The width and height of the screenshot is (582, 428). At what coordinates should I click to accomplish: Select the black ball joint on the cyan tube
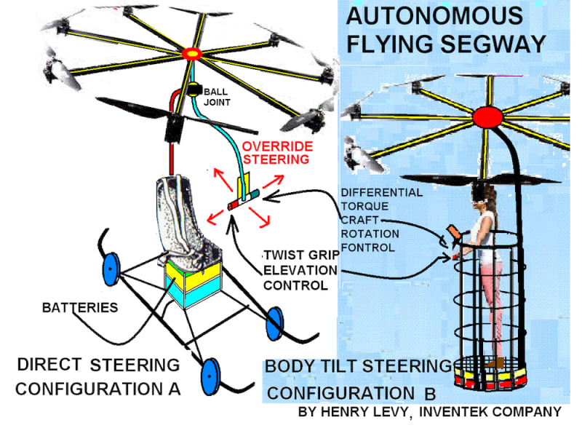pyautogui.click(x=194, y=91)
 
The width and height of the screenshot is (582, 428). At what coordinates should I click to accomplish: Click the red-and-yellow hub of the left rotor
pyautogui.click(x=194, y=52)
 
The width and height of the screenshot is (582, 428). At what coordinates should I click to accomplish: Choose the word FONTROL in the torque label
pyautogui.click(x=369, y=247)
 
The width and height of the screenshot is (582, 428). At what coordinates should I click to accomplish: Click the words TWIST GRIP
pyautogui.click(x=299, y=255)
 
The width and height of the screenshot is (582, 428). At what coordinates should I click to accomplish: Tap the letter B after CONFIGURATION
pyautogui.click(x=430, y=394)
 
